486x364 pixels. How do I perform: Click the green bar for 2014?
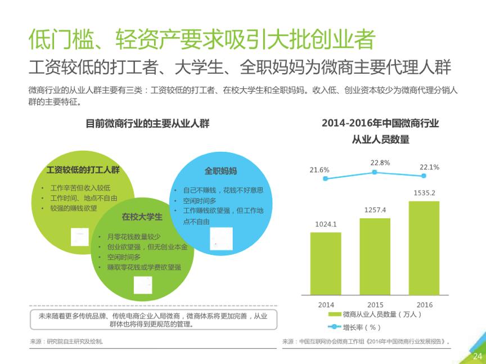(x=326, y=263)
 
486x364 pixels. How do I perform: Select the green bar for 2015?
(x=375, y=257)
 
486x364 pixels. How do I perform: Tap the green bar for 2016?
(x=424, y=248)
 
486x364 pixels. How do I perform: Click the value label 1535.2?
(x=424, y=193)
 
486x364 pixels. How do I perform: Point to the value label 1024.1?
(x=326, y=224)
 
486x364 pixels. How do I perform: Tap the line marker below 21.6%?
(x=325, y=178)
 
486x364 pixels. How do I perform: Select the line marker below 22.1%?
(x=424, y=175)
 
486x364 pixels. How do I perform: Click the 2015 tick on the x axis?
(x=375, y=304)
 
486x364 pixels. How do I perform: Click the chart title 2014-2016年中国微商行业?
(x=380, y=123)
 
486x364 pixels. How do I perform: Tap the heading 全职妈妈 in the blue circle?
(x=220, y=171)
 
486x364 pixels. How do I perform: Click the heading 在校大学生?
(x=142, y=217)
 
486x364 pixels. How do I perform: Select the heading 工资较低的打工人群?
(x=83, y=169)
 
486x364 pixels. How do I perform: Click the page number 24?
(x=478, y=356)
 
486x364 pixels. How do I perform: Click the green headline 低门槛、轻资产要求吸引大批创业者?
(x=202, y=40)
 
